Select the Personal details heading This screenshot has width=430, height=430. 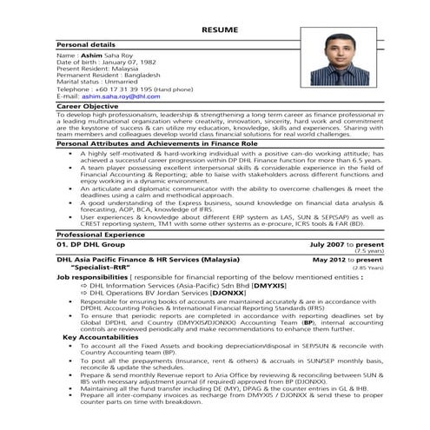click(x=87, y=43)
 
